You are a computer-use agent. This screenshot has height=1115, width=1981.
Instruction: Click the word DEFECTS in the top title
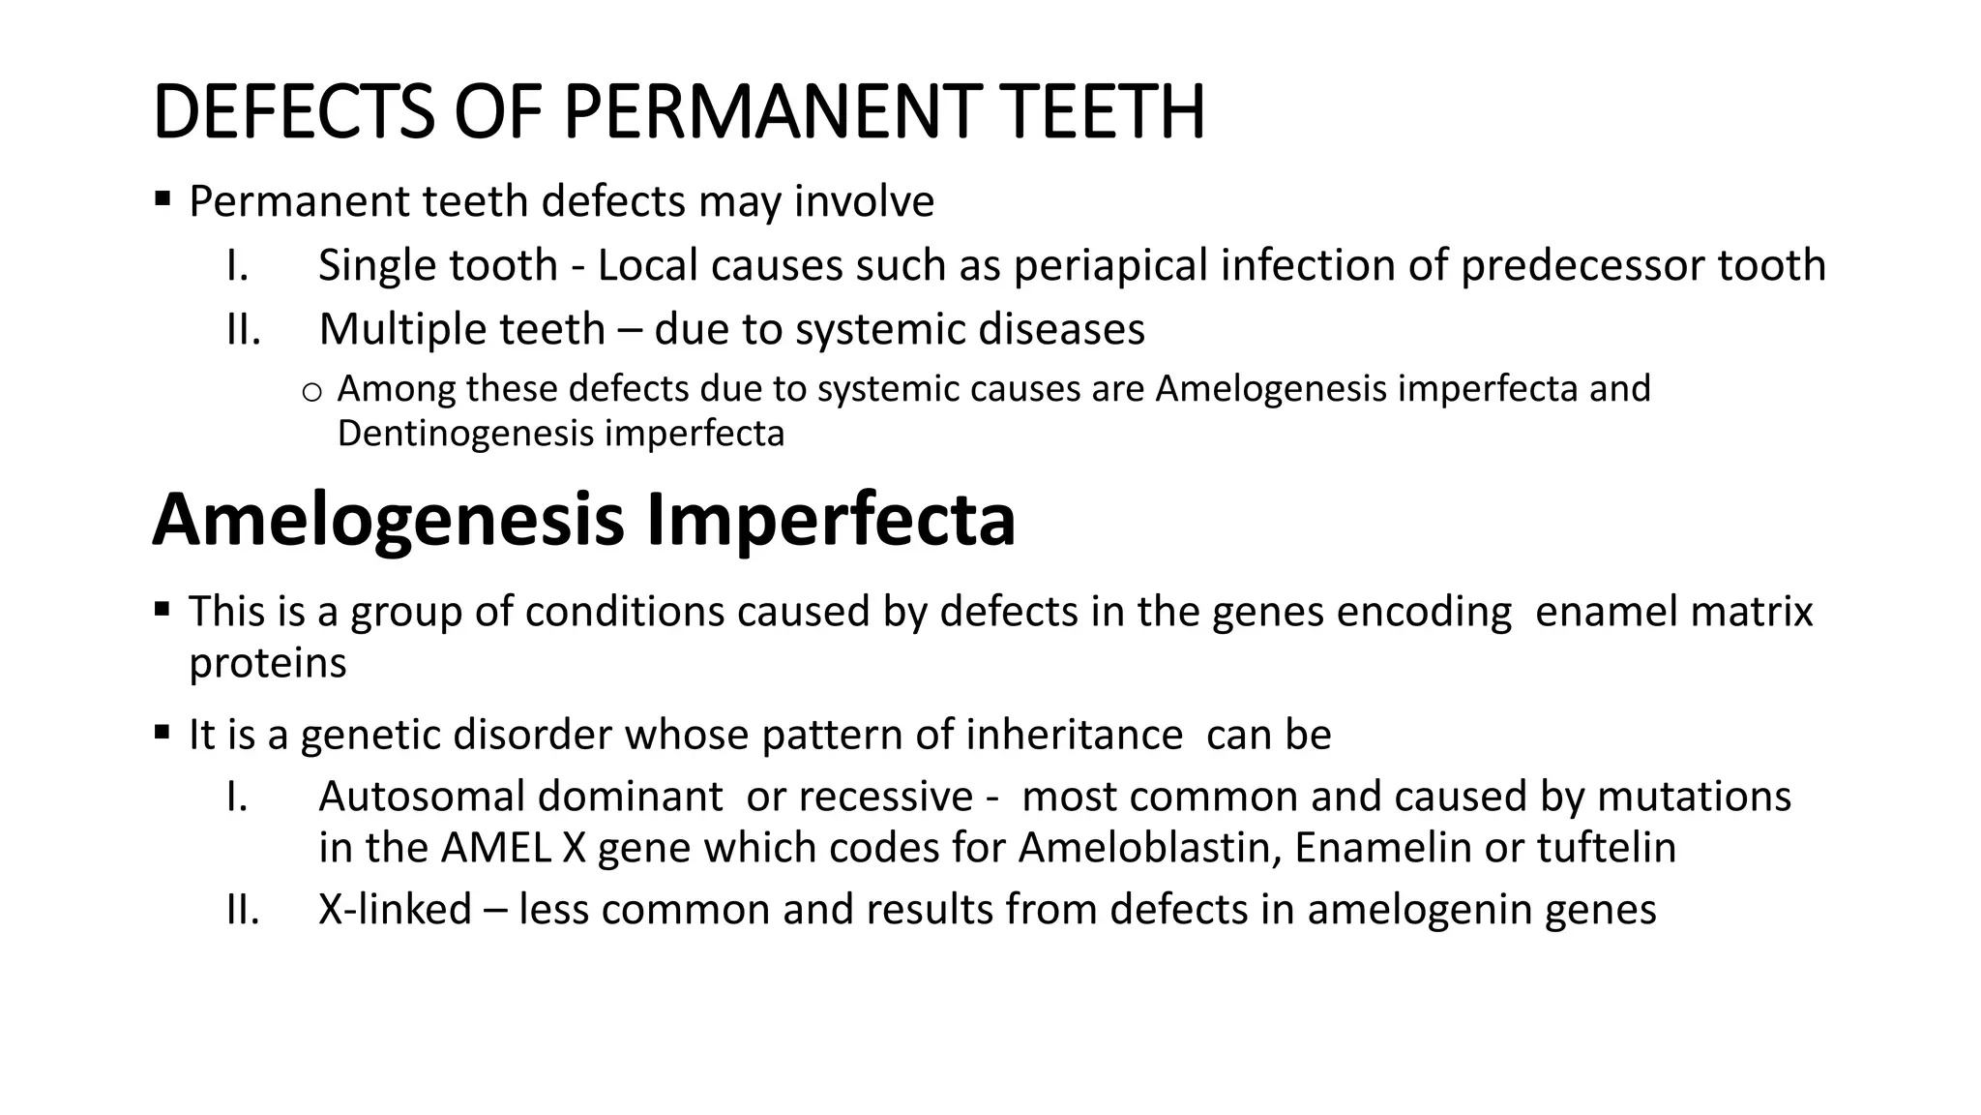pyautogui.click(x=294, y=112)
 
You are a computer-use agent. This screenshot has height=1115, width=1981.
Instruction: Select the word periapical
pyautogui.click(x=1110, y=265)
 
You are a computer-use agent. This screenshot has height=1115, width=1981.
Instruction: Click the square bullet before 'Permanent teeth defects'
pyautogui.click(x=162, y=200)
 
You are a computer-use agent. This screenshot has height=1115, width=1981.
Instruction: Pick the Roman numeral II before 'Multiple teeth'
pyautogui.click(x=243, y=329)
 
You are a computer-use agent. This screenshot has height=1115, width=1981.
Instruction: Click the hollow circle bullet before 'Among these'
pyautogui.click(x=310, y=392)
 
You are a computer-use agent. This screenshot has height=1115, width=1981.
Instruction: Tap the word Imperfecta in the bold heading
pyautogui.click(x=830, y=520)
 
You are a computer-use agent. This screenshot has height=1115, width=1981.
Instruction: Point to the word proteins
pyautogui.click(x=267, y=663)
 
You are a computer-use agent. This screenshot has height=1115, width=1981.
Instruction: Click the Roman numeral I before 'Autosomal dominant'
pyautogui.click(x=237, y=797)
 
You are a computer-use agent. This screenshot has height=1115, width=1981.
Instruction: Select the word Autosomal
pyautogui.click(x=422, y=797)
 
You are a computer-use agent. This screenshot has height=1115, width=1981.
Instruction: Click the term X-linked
pyautogui.click(x=395, y=910)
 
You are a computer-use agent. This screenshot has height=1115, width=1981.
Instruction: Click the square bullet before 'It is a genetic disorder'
pyautogui.click(x=162, y=732)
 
